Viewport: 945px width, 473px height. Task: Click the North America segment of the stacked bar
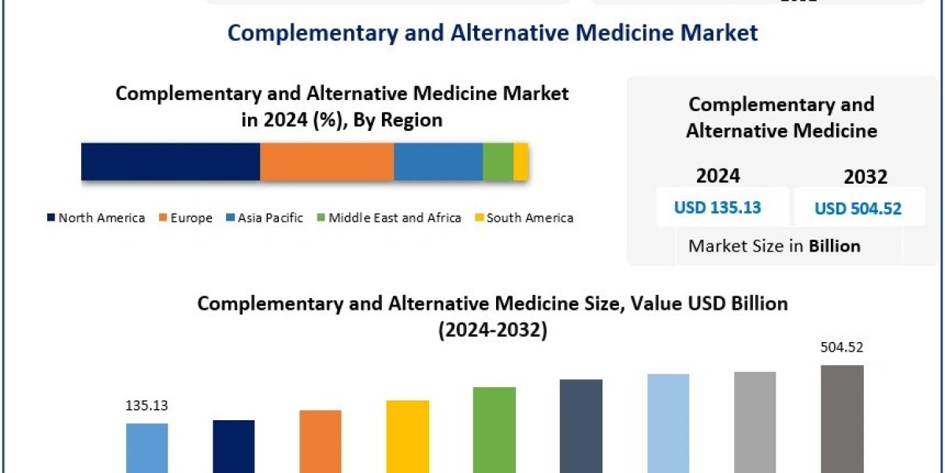point(170,162)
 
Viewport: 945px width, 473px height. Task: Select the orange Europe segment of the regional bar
point(327,162)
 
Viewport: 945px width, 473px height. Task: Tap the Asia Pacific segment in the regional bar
point(438,162)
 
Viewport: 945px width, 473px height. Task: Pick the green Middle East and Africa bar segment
point(498,162)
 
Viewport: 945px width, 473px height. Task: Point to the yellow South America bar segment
point(521,162)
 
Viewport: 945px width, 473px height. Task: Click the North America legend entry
point(96,218)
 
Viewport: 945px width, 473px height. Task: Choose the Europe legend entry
point(186,218)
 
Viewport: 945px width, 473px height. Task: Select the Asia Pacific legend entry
point(265,218)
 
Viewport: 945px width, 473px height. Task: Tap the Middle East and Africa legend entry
point(389,218)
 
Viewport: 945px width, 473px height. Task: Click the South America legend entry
point(524,218)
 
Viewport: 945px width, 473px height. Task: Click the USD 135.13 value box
point(717,207)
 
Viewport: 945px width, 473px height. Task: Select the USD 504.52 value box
point(858,208)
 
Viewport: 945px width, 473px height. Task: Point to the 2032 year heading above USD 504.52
point(865,177)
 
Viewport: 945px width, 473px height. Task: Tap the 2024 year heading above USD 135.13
point(717,175)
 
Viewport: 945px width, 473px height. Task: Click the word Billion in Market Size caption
point(834,246)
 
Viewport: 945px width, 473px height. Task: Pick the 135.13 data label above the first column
point(146,407)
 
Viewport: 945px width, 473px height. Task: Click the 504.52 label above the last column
point(842,347)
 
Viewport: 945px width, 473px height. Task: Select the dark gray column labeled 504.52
point(842,418)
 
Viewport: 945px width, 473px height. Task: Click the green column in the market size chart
point(495,430)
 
